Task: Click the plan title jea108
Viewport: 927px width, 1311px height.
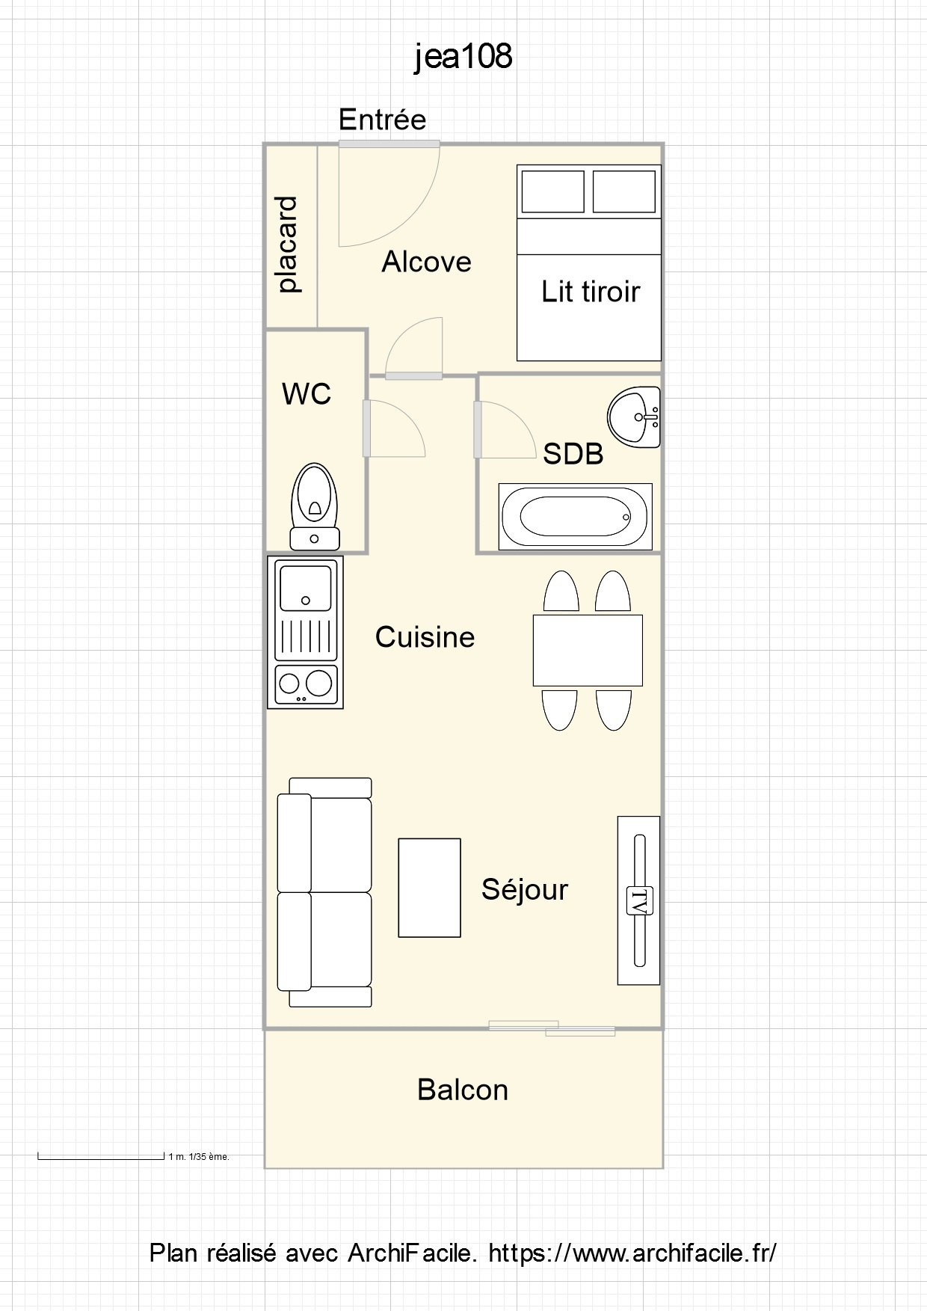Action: pos(463,57)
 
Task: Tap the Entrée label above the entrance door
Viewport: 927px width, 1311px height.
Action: pos(382,119)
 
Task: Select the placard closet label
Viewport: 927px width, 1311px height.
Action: pos(288,245)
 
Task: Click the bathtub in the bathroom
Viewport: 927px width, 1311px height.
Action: pos(576,516)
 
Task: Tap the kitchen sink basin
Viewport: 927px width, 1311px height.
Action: pos(305,588)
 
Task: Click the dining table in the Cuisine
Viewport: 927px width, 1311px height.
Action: pos(588,650)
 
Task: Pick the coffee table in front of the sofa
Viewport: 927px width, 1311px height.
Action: pos(429,887)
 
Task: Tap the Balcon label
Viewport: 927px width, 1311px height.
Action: pos(463,1090)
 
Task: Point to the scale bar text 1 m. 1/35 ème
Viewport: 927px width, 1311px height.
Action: pos(199,1157)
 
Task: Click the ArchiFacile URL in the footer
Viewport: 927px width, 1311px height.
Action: pos(632,1253)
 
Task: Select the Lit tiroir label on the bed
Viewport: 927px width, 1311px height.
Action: pos(591,291)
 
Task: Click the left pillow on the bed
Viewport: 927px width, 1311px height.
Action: pos(552,191)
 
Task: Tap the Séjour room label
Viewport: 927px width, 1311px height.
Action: pos(525,890)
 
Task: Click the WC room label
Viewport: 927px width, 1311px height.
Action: pos(307,394)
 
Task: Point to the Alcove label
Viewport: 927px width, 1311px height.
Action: pos(426,262)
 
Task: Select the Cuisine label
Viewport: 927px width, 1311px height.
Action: pos(425,637)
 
